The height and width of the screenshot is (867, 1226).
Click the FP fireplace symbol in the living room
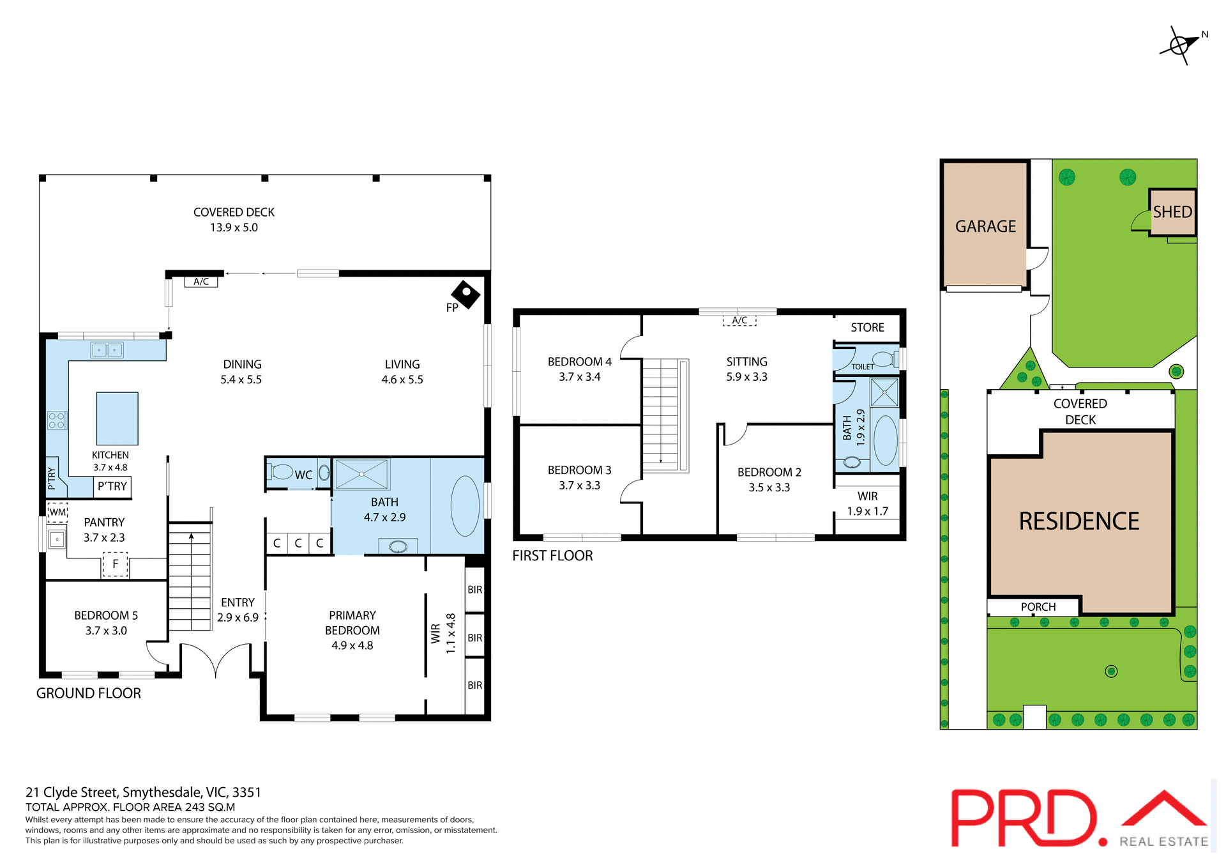465,295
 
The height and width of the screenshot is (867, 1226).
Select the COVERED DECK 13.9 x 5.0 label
234,220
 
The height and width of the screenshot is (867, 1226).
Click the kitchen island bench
117,418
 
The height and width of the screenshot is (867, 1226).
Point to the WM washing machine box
57,512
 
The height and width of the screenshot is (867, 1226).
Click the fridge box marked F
116,564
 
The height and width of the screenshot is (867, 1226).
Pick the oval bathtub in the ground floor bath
465,506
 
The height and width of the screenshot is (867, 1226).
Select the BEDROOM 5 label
106,623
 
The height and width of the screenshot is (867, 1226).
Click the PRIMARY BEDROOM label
352,630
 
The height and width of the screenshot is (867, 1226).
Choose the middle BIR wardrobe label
474,638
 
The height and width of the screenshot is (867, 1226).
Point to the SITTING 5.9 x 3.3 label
746,369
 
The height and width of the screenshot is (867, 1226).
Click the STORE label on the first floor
867,328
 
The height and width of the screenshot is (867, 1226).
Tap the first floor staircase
662,415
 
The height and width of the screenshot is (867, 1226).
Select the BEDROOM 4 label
579,369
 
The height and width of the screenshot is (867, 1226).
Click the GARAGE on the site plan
985,226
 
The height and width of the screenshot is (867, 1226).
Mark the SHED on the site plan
1172,212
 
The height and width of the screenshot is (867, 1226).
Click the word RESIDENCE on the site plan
1079,521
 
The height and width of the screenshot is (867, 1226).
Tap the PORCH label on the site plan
1038,607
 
